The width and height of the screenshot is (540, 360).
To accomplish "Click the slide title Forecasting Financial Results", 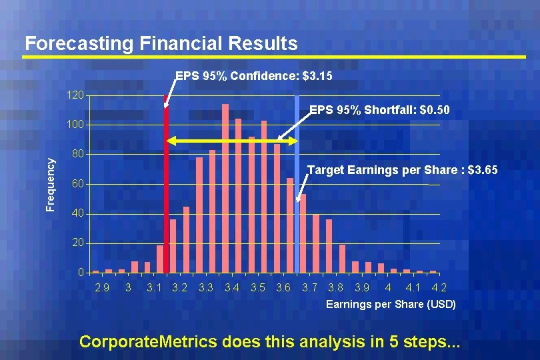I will point(161,43).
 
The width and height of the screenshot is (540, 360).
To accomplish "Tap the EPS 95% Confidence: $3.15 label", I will point(253,77).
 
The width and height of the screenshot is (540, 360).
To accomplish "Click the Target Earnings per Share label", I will point(402,171).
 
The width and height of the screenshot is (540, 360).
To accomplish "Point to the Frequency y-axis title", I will point(51,184).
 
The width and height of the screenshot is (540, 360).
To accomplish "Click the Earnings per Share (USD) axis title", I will point(391,304).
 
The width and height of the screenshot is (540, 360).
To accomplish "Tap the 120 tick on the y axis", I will point(75,96).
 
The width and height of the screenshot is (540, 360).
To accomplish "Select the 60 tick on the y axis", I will point(78,184).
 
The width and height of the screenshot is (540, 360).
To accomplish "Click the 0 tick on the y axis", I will point(81,272).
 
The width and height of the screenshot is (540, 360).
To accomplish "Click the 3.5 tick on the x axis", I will point(258,288).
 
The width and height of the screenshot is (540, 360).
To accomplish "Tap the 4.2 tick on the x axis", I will point(439,288).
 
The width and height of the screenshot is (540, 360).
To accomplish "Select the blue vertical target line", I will point(297,167).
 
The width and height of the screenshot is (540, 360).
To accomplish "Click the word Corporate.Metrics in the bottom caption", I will point(148,341).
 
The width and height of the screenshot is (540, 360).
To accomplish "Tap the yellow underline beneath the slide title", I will point(273,57).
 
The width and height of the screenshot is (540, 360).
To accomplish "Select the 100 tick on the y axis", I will point(75,125).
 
